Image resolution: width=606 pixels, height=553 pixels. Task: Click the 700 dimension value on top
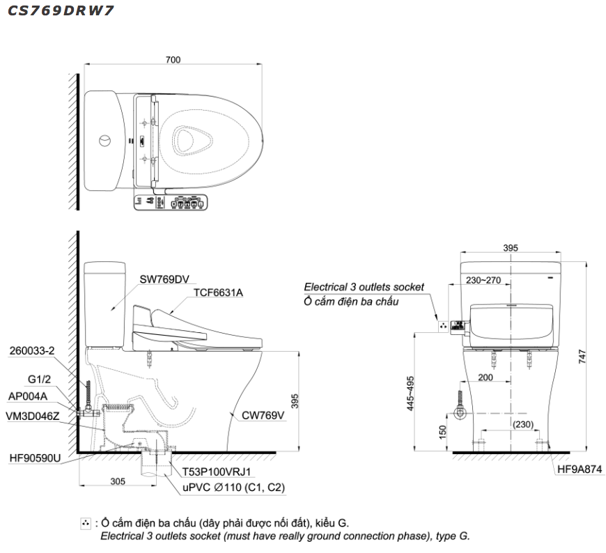pos(173,60)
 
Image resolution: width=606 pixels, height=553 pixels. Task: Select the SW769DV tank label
pos(164,279)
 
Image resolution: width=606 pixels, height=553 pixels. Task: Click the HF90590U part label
pos(36,458)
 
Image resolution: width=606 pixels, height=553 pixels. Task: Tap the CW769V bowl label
pos(264,416)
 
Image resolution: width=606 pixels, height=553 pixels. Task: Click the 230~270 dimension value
pos(484,279)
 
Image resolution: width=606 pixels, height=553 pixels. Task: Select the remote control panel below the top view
pos(169,203)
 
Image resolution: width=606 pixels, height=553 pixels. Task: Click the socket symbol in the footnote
pos(86,523)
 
